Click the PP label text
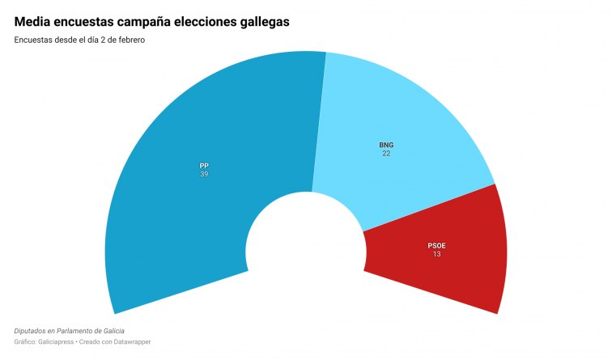click(x=204, y=165)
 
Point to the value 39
click(x=204, y=174)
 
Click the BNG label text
click(x=386, y=145)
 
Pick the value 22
click(x=386, y=154)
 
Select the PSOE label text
click(x=437, y=245)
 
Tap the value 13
click(x=437, y=254)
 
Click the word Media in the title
click(x=34, y=22)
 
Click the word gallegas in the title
click(x=261, y=22)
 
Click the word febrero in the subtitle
click(x=129, y=40)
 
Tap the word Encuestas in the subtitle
click(x=32, y=40)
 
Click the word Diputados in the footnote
click(x=31, y=331)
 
